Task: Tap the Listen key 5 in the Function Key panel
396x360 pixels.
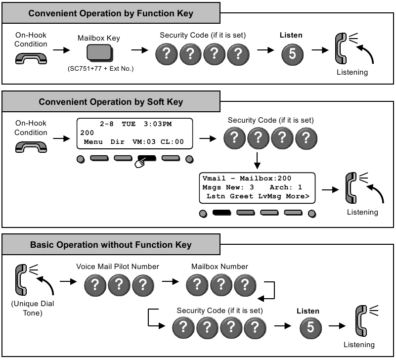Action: [292, 54]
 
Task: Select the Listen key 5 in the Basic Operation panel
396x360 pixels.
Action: [310, 327]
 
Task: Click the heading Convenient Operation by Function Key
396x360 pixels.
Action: [111, 13]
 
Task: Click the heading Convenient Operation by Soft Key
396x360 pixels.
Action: [111, 102]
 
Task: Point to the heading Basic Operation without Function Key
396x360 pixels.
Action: [111, 245]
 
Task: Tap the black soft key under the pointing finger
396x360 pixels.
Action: [147, 159]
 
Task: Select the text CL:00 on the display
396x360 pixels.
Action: [173, 142]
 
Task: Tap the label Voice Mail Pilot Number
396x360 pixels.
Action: [118, 267]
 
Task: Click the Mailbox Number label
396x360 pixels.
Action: [220, 267]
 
